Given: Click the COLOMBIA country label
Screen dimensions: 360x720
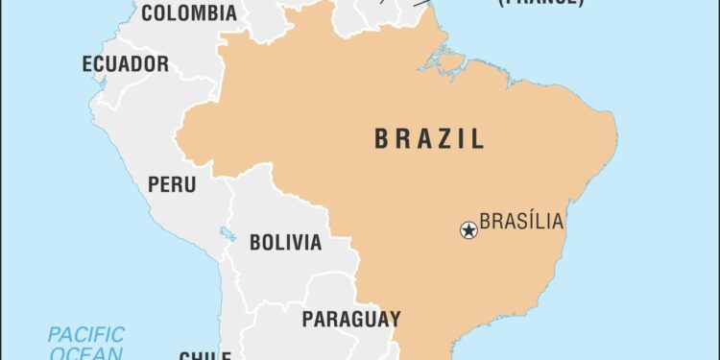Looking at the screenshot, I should pos(188,12).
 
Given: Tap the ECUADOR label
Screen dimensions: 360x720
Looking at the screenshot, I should pos(125,64).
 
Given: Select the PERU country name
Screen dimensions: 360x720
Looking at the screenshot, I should pos(172,183).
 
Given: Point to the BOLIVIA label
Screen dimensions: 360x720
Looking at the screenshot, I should pos(285,242).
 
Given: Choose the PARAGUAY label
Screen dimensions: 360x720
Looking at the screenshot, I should pos(351,318).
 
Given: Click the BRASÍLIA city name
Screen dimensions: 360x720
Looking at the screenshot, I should pos(521,223).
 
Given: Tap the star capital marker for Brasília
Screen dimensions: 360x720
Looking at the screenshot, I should pos(468,229).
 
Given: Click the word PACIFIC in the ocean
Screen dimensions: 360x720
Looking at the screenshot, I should pos(86,335).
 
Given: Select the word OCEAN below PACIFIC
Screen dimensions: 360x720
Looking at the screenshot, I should pos(86,353).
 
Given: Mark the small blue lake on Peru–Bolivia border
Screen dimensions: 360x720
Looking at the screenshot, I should pos(227,233).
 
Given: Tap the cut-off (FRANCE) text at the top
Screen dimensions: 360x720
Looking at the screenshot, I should pos(538,3).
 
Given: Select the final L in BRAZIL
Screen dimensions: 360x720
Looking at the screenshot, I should pos(477,139).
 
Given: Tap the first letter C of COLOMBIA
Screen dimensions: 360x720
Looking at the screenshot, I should pos(148,12).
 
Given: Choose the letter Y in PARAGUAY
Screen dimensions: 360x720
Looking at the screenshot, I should pos(394,318).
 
